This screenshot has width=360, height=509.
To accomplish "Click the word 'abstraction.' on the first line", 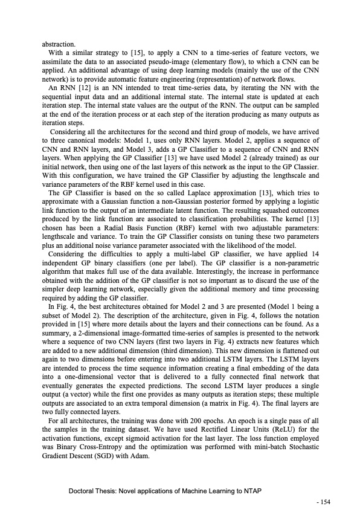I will (59, 44).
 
